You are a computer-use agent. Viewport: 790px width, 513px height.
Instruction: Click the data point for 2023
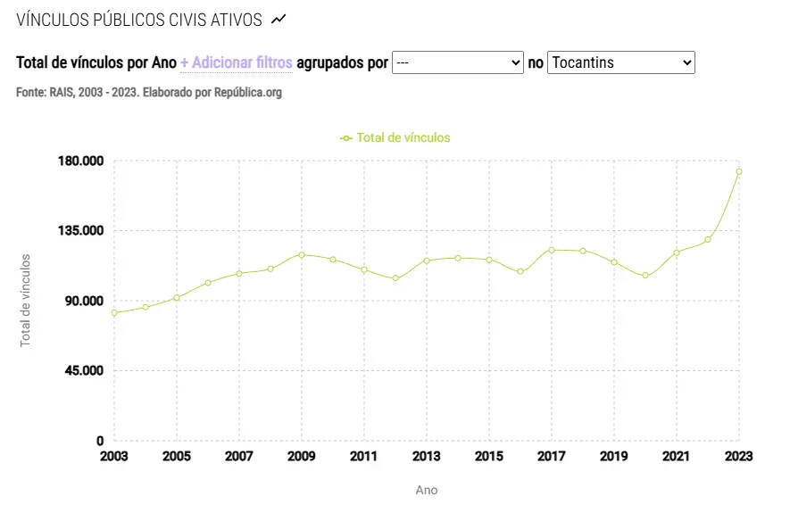point(739,171)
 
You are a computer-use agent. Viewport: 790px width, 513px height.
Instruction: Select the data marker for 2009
point(302,255)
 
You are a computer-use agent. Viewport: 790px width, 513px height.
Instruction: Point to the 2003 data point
point(114,313)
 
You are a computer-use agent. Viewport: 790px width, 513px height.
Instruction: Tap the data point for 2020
point(645,276)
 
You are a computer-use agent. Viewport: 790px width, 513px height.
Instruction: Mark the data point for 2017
point(552,250)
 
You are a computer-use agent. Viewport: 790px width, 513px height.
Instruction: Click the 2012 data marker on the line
point(395,278)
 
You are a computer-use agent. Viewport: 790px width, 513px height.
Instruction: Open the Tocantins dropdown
point(620,62)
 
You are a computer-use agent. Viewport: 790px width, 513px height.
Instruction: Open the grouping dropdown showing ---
point(457,62)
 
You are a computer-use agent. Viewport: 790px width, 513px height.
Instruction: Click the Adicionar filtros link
point(237,62)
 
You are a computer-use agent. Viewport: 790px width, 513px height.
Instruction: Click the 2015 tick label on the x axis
point(489,456)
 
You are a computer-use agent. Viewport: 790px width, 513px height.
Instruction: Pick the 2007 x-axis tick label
point(239,456)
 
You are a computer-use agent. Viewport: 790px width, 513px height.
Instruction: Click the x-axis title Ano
point(427,490)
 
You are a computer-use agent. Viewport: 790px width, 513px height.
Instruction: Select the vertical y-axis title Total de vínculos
point(26,301)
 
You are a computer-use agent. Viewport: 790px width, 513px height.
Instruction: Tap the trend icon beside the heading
point(279,19)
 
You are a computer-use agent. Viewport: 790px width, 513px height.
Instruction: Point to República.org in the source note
point(248,92)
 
